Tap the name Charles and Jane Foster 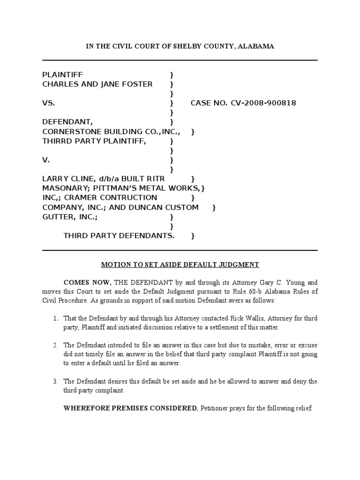pos(97,84)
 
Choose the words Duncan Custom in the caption pos(169,207)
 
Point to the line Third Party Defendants pos(119,236)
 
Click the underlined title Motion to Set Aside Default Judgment pos(180,265)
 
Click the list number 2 pos(55,345)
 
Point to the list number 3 pos(55,381)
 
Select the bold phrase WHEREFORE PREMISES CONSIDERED pos(130,408)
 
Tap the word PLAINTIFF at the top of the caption pos(62,75)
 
